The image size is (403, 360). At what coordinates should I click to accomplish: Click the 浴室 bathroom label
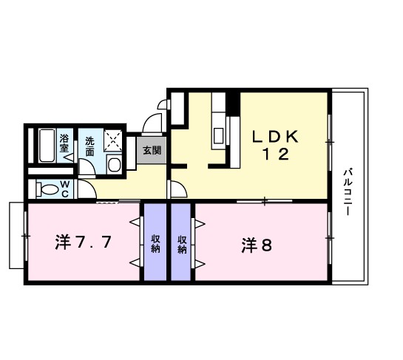click(64, 143)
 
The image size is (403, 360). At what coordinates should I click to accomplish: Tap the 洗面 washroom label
click(89, 145)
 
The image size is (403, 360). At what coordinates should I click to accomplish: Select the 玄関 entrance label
click(152, 150)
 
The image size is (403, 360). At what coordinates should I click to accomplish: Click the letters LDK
click(274, 137)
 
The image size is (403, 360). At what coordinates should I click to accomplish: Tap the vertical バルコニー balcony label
click(348, 192)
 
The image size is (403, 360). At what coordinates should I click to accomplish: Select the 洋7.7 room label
click(84, 242)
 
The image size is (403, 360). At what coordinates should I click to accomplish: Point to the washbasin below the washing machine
click(114, 163)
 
